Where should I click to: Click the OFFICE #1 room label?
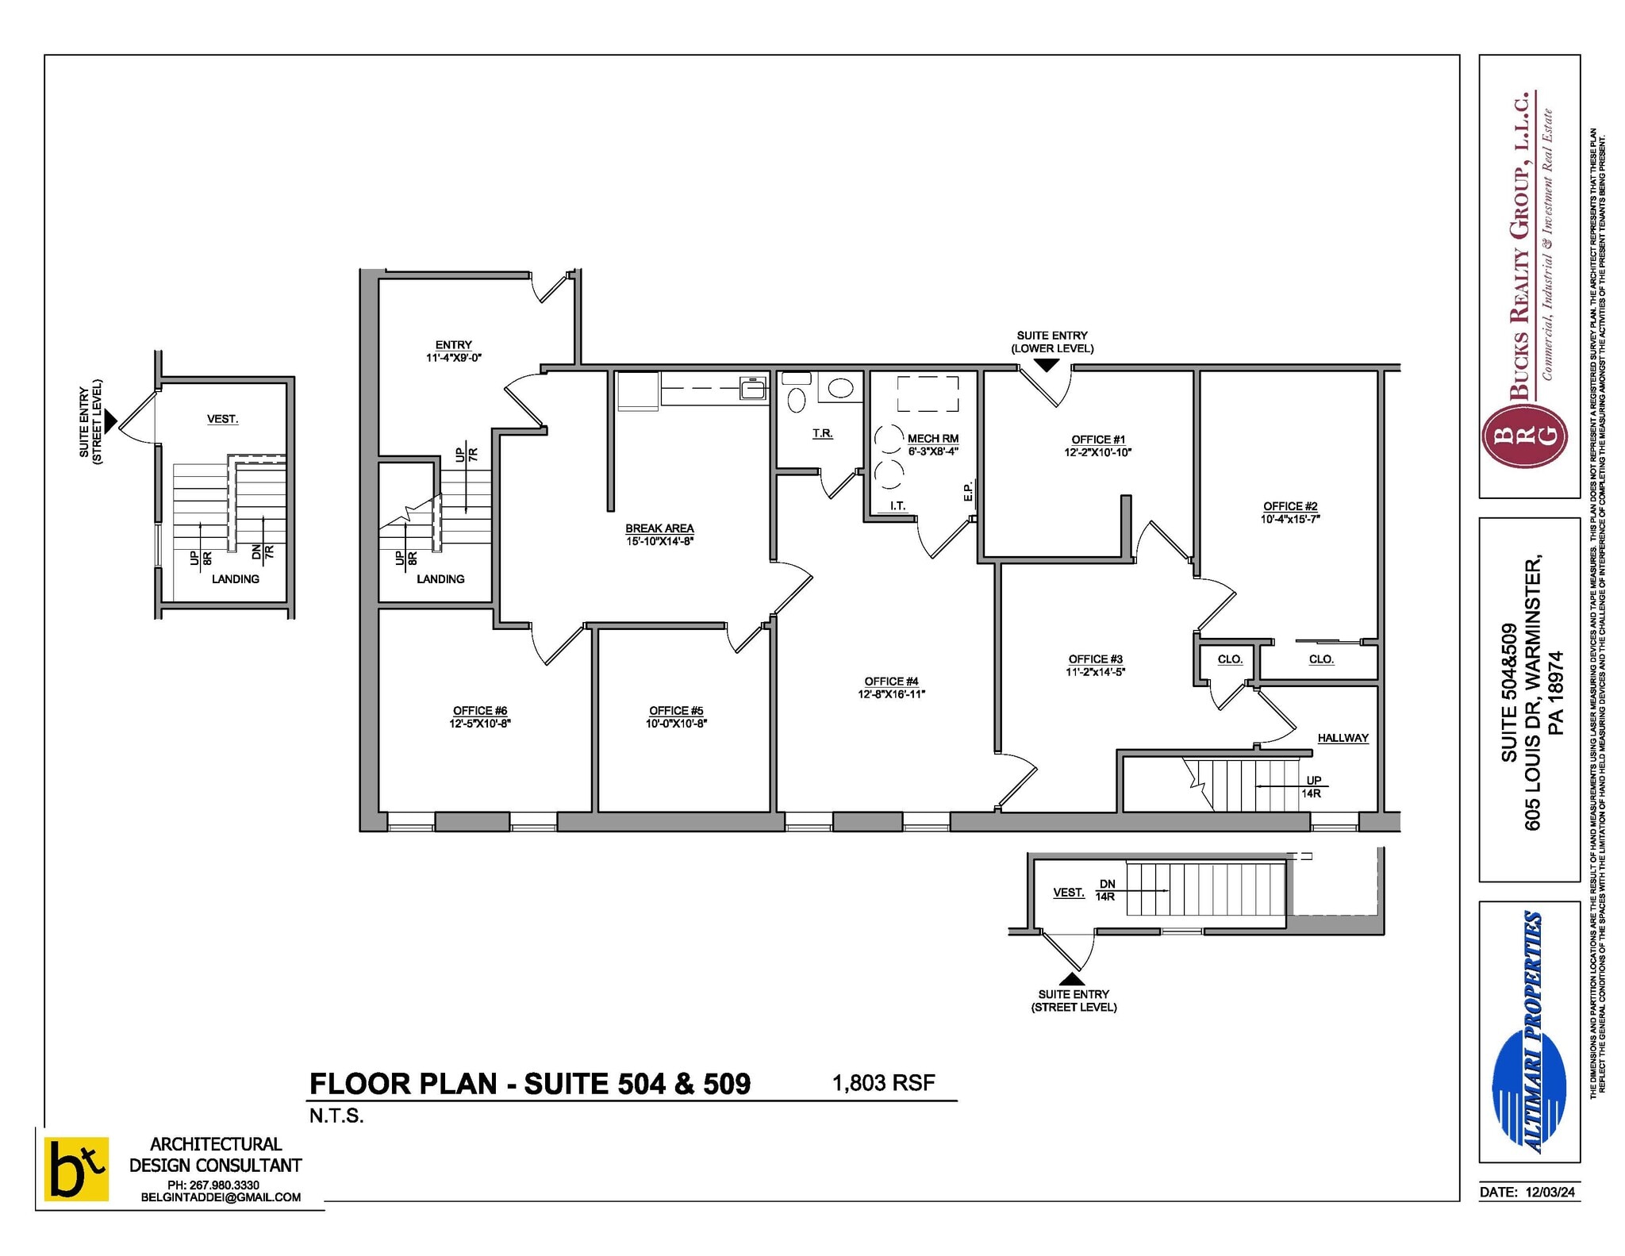point(1097,440)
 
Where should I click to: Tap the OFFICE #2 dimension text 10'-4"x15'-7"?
point(1290,520)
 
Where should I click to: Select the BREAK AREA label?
point(659,528)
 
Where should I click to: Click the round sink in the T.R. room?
point(840,388)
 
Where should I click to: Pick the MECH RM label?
point(933,439)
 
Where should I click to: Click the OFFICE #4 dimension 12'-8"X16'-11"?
point(891,694)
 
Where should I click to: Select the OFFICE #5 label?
point(676,711)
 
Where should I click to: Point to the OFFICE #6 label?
point(479,711)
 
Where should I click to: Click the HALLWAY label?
point(1343,738)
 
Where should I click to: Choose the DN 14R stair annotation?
point(1106,890)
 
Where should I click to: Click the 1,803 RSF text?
point(883,1082)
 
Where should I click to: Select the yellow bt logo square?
point(76,1169)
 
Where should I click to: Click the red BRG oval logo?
point(1524,436)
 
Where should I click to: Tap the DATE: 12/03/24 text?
point(1527,1192)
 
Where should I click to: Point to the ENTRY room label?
point(453,345)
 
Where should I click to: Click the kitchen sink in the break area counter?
point(752,389)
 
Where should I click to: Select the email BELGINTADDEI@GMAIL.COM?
point(221,1197)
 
